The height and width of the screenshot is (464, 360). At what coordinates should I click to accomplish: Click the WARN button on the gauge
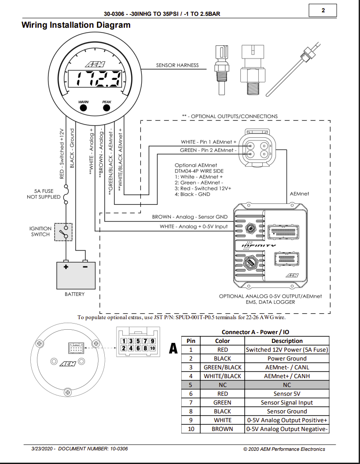click(x=84, y=107)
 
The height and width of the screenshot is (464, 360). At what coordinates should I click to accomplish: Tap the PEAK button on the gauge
click(x=107, y=107)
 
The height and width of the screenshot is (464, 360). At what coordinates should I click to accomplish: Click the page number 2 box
click(x=323, y=11)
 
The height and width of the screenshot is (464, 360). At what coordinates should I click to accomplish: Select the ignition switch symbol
click(x=63, y=232)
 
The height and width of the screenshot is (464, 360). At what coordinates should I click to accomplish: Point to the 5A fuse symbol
click(x=66, y=195)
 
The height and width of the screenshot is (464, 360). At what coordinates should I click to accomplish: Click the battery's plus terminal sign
click(x=66, y=267)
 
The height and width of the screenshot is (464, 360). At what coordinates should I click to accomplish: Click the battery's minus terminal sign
click(x=85, y=267)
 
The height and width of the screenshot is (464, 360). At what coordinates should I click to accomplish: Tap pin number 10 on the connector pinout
click(x=152, y=348)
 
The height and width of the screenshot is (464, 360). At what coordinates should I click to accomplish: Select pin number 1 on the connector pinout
click(x=124, y=341)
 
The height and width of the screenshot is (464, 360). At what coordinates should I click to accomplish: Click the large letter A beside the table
click(x=173, y=348)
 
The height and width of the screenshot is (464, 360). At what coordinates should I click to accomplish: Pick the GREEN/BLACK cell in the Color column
click(x=222, y=367)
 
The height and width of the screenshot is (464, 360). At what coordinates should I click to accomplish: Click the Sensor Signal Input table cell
click(x=287, y=402)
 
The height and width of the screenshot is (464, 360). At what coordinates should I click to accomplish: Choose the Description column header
click(x=287, y=341)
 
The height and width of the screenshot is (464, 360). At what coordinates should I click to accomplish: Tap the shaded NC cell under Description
click(x=287, y=385)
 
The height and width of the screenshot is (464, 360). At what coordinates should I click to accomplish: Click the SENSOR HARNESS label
click(x=177, y=65)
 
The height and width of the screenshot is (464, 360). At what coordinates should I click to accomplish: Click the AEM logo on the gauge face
click(x=95, y=64)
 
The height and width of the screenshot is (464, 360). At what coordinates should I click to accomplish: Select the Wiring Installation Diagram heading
click(x=76, y=25)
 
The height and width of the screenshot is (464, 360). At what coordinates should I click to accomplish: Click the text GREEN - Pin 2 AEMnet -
click(x=208, y=150)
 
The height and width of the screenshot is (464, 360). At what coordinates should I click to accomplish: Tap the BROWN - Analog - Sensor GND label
click(x=190, y=217)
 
